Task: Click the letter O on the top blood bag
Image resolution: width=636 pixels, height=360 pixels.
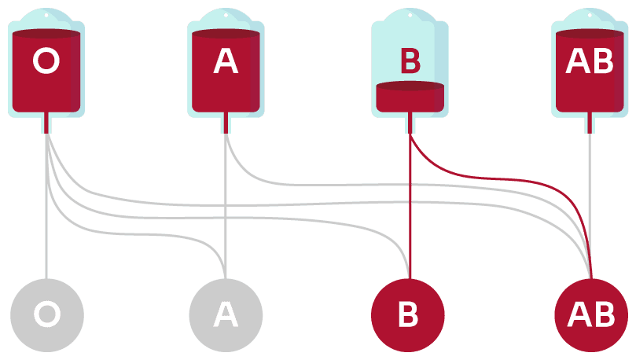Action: point(46,61)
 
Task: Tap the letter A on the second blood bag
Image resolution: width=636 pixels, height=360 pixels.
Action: point(226,61)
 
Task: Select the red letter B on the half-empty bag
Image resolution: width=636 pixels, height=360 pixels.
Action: point(410,61)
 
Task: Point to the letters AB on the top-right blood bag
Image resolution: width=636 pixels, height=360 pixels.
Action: point(590,61)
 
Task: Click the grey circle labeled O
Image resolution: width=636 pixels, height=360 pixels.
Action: point(46,314)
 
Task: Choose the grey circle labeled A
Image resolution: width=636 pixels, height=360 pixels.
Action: point(226,314)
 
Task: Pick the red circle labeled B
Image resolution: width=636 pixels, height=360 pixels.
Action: point(408,314)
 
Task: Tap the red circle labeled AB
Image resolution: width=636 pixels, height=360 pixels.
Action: point(590,314)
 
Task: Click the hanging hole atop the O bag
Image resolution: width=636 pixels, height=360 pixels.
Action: point(46,14)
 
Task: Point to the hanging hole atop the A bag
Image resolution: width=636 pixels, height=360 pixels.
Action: point(226,14)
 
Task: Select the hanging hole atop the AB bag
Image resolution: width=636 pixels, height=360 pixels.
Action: point(590,14)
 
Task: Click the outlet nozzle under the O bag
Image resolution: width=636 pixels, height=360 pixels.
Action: point(46,123)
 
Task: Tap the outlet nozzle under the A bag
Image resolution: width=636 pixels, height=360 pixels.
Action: point(226,123)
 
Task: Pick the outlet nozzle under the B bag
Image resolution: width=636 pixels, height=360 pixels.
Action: point(410,123)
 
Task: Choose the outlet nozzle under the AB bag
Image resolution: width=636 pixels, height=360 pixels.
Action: point(590,123)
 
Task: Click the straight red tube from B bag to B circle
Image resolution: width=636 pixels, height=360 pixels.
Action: point(409,212)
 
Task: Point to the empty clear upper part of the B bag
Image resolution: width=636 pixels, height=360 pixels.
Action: point(410,39)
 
